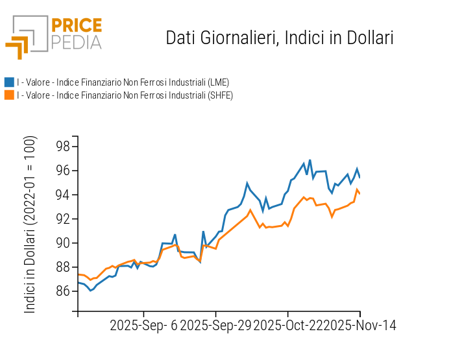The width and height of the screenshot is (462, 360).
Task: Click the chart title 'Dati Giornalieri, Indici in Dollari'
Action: (280, 38)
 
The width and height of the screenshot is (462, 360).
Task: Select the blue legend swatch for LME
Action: (9, 82)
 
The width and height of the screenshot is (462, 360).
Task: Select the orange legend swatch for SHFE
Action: (9, 95)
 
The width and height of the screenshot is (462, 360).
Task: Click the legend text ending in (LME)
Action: (123, 82)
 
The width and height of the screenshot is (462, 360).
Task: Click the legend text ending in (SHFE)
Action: (125, 95)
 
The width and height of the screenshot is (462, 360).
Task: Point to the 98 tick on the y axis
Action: (62, 147)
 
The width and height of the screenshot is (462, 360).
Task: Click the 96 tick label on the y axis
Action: (62, 171)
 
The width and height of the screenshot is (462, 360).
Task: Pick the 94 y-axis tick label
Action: (62, 195)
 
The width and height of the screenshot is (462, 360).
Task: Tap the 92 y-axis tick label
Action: (62, 219)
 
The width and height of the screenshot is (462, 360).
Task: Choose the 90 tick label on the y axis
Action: (62, 243)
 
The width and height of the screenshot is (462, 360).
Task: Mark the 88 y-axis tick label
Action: (62, 267)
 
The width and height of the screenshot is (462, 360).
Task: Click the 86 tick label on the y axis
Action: (62, 291)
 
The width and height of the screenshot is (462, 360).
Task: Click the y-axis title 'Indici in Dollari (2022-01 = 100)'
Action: (30, 225)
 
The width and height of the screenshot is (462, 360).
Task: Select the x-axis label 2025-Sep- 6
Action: (143, 325)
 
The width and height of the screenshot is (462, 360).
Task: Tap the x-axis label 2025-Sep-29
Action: (215, 325)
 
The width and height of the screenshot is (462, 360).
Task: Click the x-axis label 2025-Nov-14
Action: (360, 325)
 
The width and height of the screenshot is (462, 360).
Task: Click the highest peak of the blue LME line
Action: (310, 160)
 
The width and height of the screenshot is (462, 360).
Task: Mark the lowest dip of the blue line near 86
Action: (90, 291)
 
